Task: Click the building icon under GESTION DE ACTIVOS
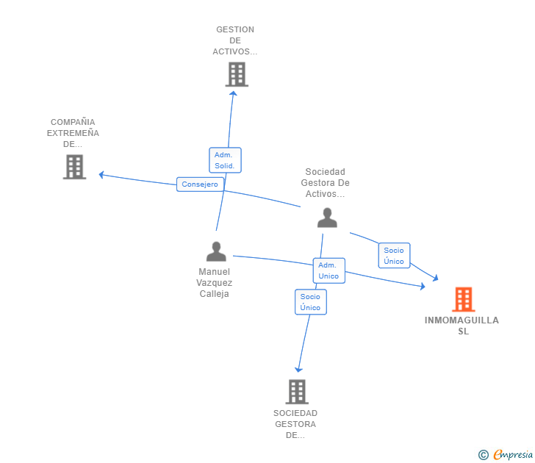(x=237, y=74)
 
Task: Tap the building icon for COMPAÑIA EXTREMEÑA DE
(x=74, y=167)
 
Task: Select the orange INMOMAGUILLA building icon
(x=463, y=299)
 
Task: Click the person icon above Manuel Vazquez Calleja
(x=216, y=251)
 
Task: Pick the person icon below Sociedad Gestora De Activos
(x=327, y=218)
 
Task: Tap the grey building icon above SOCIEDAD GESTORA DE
(x=297, y=392)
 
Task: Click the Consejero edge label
(x=200, y=184)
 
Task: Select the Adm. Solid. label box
(x=225, y=160)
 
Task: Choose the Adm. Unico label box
(x=329, y=270)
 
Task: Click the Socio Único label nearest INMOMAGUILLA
(x=394, y=256)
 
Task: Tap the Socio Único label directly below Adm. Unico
(x=310, y=302)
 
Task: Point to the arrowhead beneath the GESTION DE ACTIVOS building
(x=234, y=93)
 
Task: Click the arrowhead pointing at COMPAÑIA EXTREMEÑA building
(x=101, y=175)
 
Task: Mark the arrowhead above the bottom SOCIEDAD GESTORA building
(x=298, y=370)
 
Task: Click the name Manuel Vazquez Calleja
(x=215, y=283)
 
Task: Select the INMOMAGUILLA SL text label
(x=462, y=326)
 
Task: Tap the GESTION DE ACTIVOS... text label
(x=235, y=40)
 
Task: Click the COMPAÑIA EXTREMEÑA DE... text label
(x=73, y=133)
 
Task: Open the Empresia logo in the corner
(x=513, y=454)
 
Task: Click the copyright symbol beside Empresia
(x=484, y=455)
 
